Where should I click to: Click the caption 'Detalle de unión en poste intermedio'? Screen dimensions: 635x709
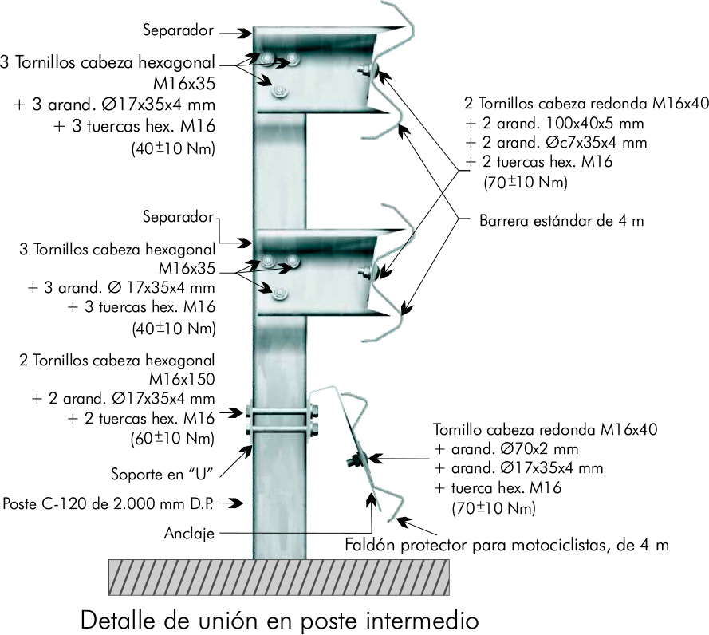tap(278, 618)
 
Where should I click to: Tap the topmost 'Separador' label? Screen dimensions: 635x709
tap(178, 31)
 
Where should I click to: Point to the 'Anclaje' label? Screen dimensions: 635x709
tap(189, 533)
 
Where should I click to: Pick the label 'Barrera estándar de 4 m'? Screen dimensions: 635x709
tap(561, 220)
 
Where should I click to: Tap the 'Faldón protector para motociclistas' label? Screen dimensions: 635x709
tap(506, 546)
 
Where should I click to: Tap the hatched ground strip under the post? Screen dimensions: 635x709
tap(278, 576)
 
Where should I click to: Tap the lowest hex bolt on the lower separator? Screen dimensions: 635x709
tap(278, 294)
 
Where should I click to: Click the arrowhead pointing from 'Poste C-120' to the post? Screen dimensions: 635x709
tap(238, 503)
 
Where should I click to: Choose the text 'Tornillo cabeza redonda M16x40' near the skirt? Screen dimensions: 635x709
tap(544, 428)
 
